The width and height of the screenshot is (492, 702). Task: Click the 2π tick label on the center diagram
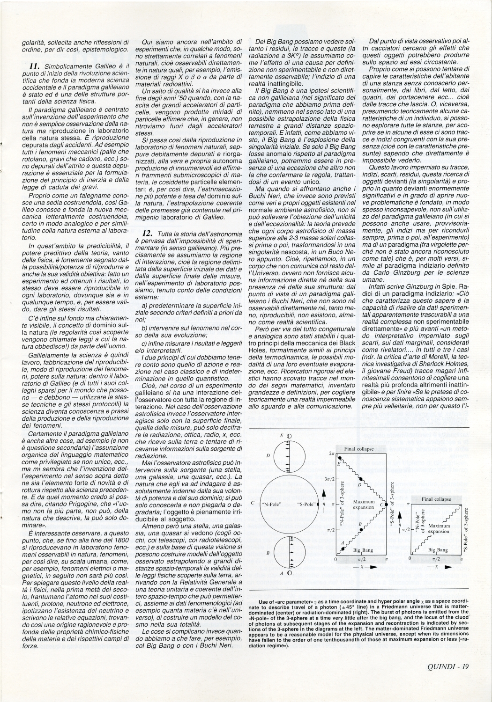pos(331,454)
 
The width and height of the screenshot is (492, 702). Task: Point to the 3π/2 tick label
pos(329,480)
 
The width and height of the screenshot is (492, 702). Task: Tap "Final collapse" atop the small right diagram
pos(436,499)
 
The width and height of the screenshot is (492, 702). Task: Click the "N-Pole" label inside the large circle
pos(272,504)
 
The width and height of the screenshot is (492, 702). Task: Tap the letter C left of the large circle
pos(253,504)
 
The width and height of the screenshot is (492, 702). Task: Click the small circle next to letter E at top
pos(289,436)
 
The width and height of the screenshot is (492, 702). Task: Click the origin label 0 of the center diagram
pos(336,559)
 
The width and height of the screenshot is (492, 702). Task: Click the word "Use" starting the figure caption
pos(263,600)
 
